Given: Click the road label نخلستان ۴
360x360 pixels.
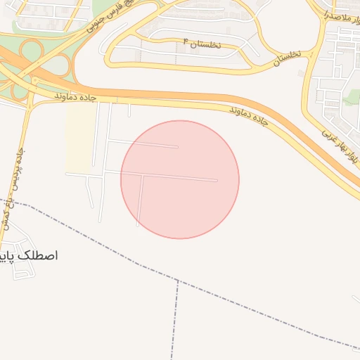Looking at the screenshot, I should tap(201, 43).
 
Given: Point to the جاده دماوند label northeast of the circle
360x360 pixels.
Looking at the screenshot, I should tap(248, 117).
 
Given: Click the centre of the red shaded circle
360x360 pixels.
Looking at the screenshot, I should tap(180, 179).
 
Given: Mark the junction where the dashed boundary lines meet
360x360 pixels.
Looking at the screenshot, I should tap(177, 282).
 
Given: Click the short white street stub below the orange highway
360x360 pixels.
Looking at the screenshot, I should tap(129, 110).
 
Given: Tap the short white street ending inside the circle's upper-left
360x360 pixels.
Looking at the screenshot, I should tap(162, 146).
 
